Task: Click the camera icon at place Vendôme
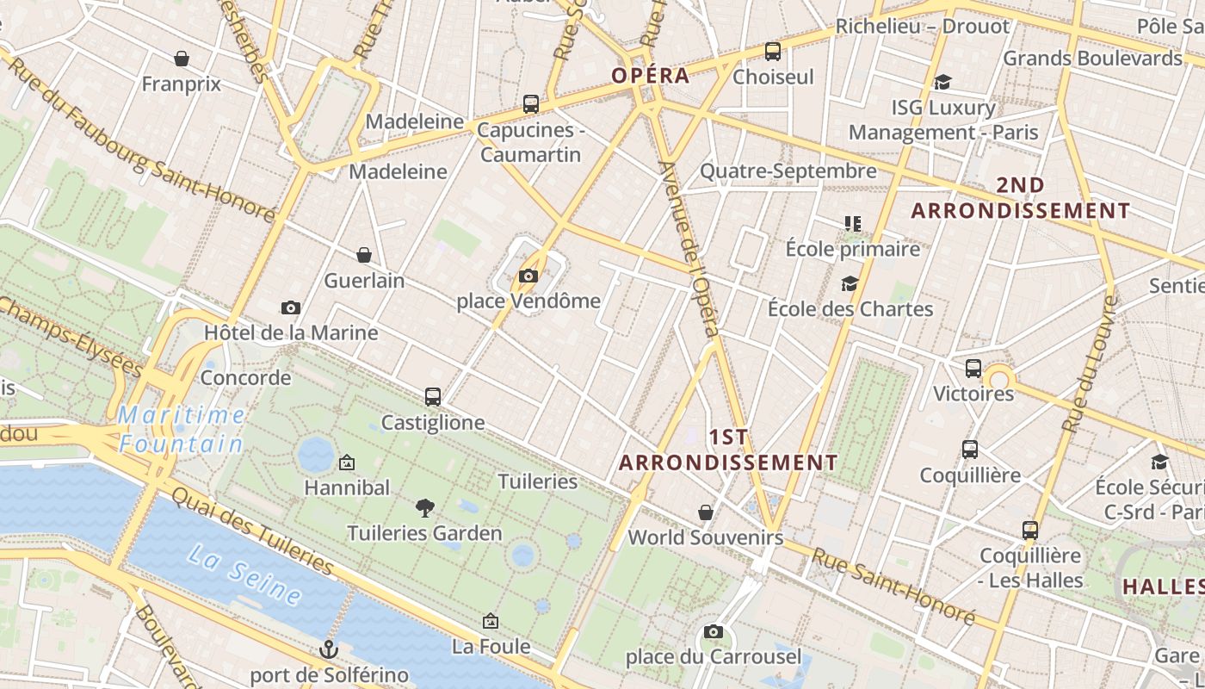(x=528, y=276)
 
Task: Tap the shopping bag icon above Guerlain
(x=364, y=255)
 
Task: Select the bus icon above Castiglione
(x=433, y=397)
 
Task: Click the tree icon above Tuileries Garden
(x=424, y=508)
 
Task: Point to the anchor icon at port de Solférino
(x=328, y=649)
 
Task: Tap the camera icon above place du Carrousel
(x=713, y=632)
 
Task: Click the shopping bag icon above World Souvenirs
(x=706, y=512)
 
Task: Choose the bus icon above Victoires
(x=973, y=369)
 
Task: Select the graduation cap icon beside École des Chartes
(x=850, y=283)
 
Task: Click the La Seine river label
(x=244, y=574)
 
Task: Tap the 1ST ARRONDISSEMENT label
(x=728, y=450)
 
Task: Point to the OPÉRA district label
(x=651, y=75)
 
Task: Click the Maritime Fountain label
(x=181, y=429)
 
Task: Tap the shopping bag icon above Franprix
(x=182, y=59)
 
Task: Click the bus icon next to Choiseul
(x=773, y=52)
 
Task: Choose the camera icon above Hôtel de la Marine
(x=291, y=307)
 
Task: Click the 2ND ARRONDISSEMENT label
(x=1021, y=197)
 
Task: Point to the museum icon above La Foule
(x=491, y=620)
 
